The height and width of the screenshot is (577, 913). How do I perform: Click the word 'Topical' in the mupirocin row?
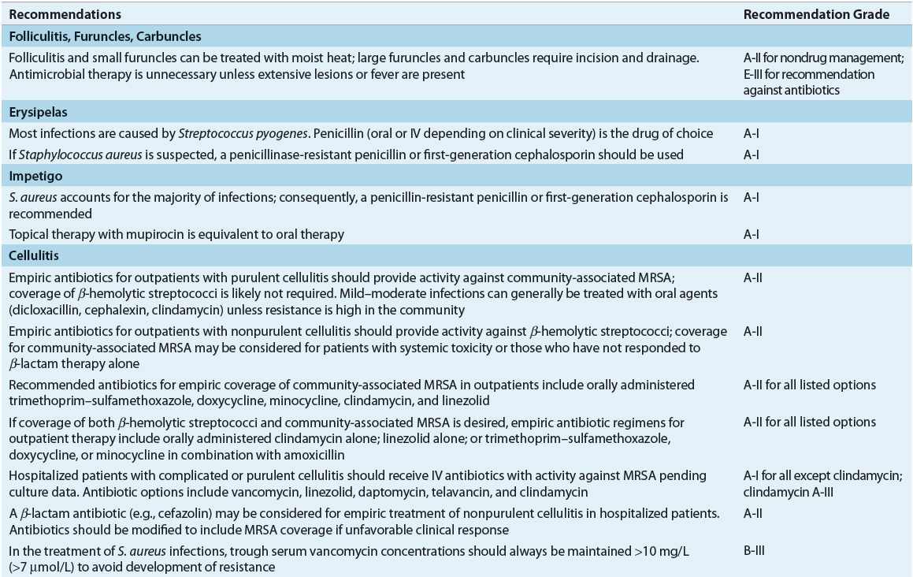pos(26,235)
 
